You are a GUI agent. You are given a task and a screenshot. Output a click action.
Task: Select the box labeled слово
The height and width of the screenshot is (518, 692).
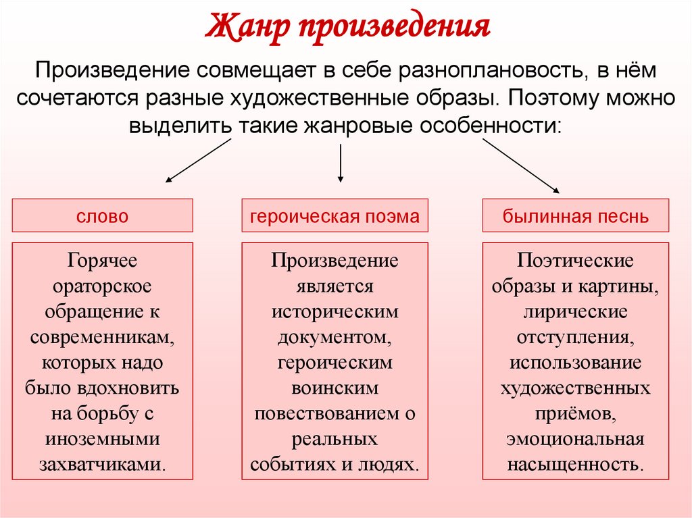[x=102, y=216]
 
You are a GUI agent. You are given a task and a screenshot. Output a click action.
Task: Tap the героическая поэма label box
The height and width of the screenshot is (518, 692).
[x=335, y=216]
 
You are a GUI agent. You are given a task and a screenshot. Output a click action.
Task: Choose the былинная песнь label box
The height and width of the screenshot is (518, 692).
[x=575, y=216]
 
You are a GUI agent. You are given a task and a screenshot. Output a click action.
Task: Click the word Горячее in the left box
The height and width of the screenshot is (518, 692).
[x=102, y=261]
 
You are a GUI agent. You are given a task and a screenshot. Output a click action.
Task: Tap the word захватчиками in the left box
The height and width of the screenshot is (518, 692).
[x=102, y=464]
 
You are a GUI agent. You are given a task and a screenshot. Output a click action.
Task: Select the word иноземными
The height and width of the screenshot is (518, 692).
[x=102, y=439]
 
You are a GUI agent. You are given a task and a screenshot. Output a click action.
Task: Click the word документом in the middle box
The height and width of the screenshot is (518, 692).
[x=335, y=337]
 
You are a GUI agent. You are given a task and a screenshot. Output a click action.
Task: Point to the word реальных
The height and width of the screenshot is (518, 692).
[x=335, y=439]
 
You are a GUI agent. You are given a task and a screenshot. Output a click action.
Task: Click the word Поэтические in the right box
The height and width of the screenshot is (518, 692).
[x=575, y=261]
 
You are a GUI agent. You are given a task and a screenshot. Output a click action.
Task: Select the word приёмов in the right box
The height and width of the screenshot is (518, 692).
[x=575, y=413]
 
